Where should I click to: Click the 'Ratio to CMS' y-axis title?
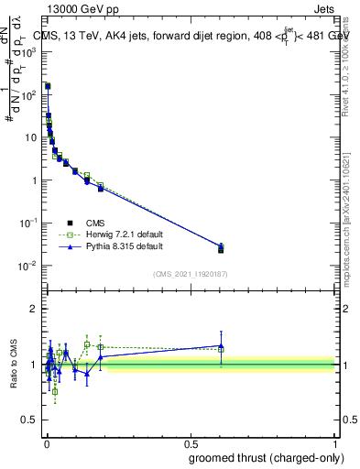tap(14, 365)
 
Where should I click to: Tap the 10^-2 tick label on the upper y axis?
tap(29, 266)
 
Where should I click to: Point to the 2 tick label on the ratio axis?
tap(34, 309)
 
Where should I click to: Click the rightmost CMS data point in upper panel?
tap(221, 249)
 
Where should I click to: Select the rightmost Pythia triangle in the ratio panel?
tap(221, 345)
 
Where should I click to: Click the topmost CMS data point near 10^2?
tap(48, 86)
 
